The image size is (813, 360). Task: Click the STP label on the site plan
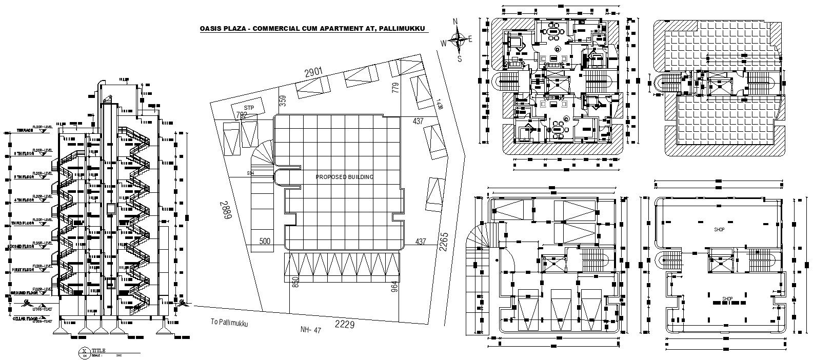click(x=249, y=107)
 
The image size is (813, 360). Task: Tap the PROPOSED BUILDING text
click(x=344, y=177)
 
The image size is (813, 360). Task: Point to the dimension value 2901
click(x=314, y=73)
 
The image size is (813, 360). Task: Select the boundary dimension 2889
click(x=225, y=210)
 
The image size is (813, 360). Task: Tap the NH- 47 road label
click(x=310, y=331)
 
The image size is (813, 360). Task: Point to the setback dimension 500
click(x=265, y=241)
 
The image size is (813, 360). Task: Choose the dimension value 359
click(x=282, y=100)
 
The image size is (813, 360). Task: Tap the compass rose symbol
click(x=455, y=39)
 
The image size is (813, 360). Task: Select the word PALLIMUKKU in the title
click(x=403, y=29)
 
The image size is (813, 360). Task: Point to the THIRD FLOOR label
click(x=21, y=224)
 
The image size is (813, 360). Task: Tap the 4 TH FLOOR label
click(x=21, y=200)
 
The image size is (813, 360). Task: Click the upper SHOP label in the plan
click(x=719, y=230)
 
